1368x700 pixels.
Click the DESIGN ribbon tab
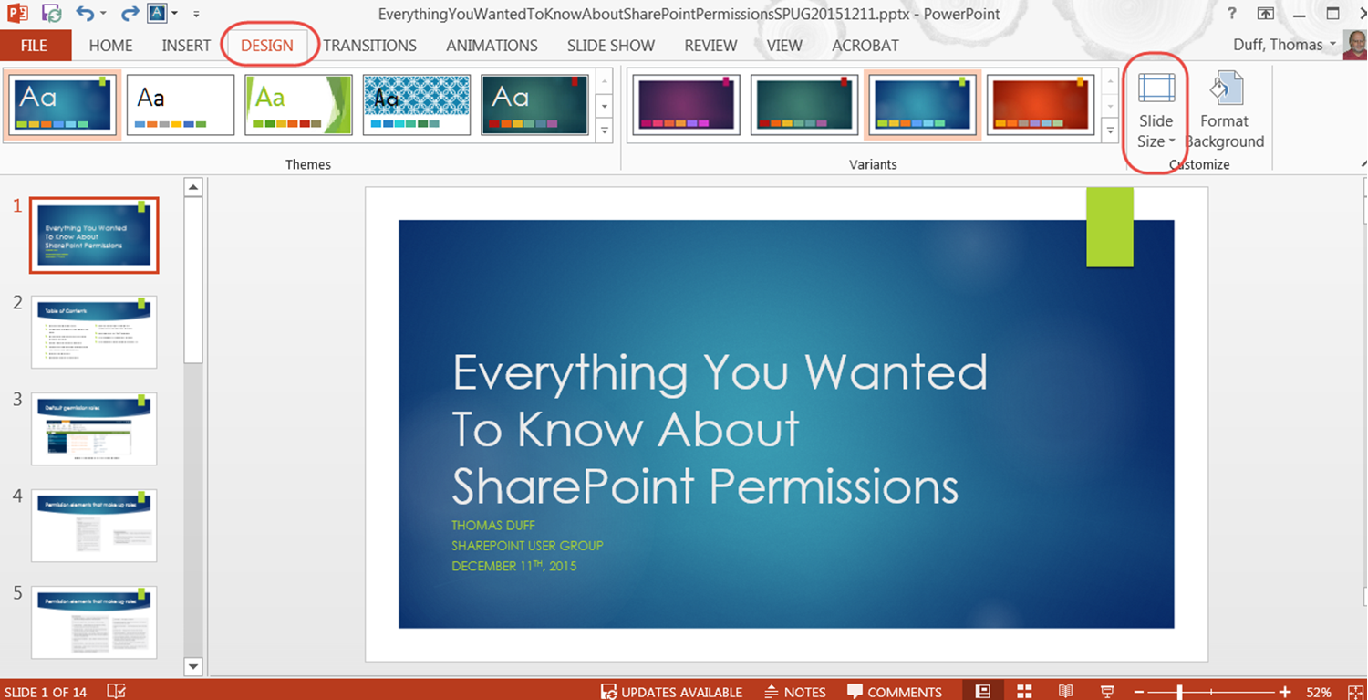point(267,46)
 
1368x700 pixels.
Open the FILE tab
point(35,46)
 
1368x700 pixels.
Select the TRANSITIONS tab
point(369,46)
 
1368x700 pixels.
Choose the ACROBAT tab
point(865,46)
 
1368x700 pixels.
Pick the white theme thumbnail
point(181,104)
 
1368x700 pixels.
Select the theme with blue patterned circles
point(417,104)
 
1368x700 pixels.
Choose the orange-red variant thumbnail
point(1041,104)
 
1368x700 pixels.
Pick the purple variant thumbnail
point(687,104)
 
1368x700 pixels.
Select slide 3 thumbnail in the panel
point(94,429)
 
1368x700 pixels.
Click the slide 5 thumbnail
point(94,622)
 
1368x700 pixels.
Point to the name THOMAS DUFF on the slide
point(493,526)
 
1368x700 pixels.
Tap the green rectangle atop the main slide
point(1109,227)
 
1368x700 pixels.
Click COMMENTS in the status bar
point(895,692)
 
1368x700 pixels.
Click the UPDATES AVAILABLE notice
point(671,692)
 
